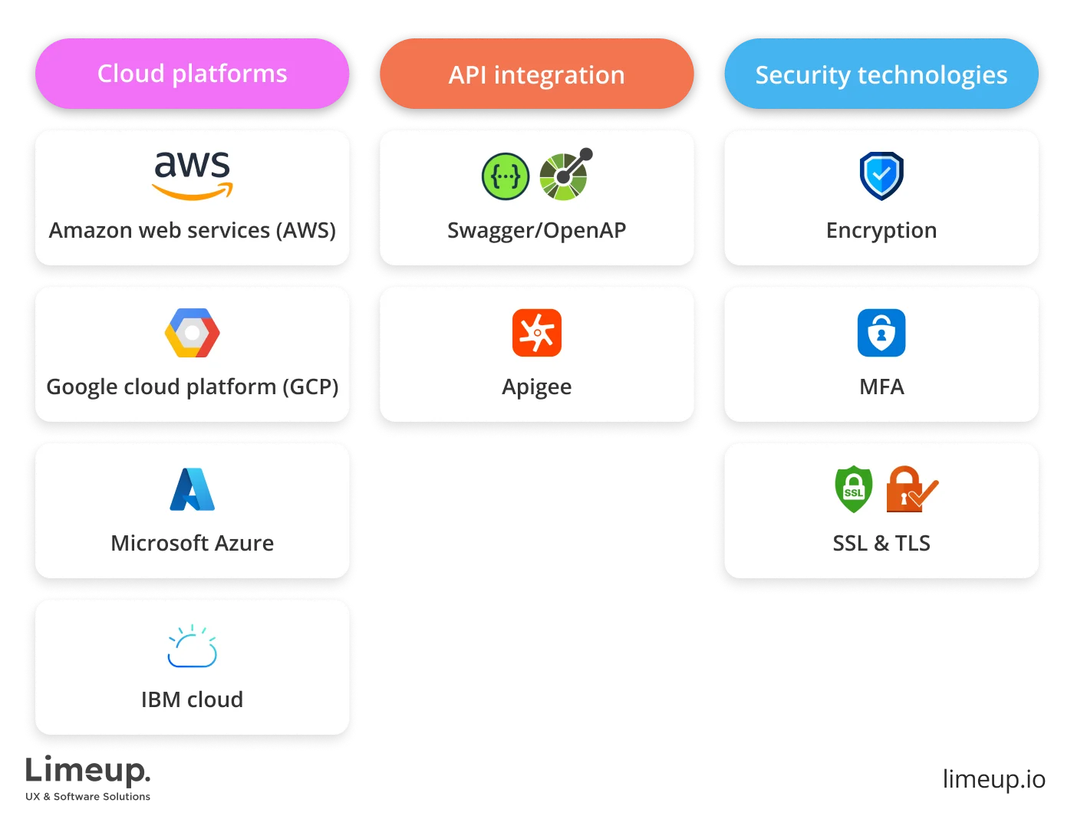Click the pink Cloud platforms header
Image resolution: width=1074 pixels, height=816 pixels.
click(x=192, y=74)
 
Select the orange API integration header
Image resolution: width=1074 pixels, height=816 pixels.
click(x=536, y=74)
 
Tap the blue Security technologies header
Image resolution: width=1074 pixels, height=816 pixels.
click(x=881, y=74)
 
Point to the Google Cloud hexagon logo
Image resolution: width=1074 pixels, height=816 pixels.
click(x=193, y=333)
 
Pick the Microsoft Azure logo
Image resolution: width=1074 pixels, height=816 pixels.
click(x=192, y=489)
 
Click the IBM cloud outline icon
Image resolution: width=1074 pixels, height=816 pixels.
click(x=192, y=647)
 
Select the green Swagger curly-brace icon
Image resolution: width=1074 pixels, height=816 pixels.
click(x=506, y=176)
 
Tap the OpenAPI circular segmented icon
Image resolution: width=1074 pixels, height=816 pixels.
click(x=565, y=175)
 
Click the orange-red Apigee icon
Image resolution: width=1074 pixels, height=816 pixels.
click(x=537, y=333)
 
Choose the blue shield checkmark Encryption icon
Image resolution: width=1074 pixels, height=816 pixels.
click(x=881, y=176)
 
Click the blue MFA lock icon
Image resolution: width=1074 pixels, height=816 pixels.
click(x=881, y=333)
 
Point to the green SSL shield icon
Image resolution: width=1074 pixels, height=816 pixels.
click(x=853, y=489)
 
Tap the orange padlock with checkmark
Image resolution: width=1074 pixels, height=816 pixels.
click(x=911, y=489)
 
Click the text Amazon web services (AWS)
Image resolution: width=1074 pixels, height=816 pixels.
click(x=193, y=230)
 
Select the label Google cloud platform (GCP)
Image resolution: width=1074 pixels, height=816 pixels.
click(x=193, y=387)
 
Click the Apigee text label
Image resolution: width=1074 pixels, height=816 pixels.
click(x=537, y=387)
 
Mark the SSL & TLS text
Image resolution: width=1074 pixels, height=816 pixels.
click(x=881, y=543)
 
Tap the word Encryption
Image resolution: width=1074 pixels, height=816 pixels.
click(x=881, y=230)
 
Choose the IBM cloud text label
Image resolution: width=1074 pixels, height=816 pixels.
click(x=192, y=699)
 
